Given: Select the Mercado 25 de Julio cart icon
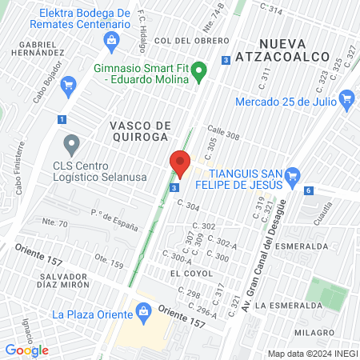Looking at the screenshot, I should point(346,100).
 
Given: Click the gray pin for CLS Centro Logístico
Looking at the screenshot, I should point(72,145).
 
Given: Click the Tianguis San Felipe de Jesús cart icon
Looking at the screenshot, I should point(293,175).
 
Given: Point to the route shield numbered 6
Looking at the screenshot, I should point(309,190).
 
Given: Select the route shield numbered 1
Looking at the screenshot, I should point(62,119).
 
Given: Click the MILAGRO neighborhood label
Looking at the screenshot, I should point(314,332).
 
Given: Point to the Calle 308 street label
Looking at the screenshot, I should point(223,136).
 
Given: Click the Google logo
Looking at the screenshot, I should point(26,350).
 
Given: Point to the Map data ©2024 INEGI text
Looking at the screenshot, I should point(311,354).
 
